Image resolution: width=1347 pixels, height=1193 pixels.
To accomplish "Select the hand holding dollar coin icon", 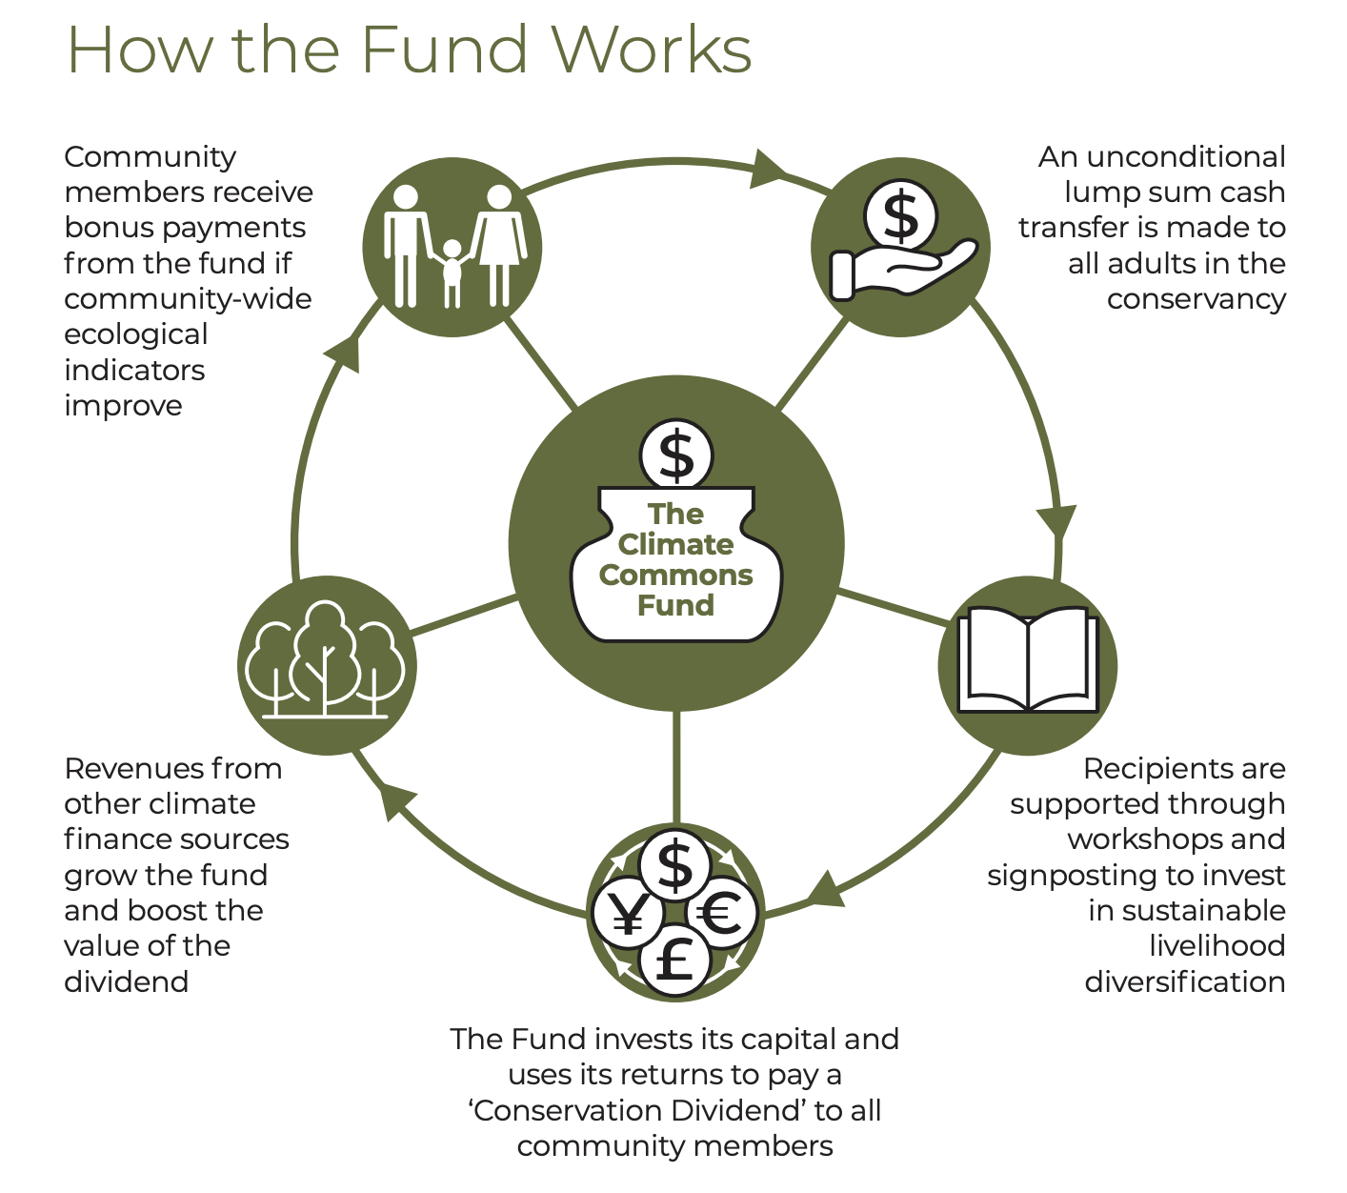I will [900, 246].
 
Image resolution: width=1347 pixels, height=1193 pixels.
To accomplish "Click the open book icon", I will [1027, 663].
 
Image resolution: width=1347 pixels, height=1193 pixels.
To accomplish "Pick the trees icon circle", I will [327, 664].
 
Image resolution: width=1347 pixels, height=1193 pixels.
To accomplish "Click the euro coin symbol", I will [721, 915].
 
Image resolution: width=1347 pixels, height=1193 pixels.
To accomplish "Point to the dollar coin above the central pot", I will [676, 455].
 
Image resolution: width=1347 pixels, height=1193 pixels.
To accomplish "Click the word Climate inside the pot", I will [676, 544].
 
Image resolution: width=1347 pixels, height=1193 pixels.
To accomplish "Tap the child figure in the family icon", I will [452, 272].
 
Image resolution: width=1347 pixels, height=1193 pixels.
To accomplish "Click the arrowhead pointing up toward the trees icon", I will [391, 800].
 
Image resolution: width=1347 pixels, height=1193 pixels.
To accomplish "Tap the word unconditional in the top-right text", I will [1161, 156].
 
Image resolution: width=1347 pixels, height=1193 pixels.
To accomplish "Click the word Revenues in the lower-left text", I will [124, 768].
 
